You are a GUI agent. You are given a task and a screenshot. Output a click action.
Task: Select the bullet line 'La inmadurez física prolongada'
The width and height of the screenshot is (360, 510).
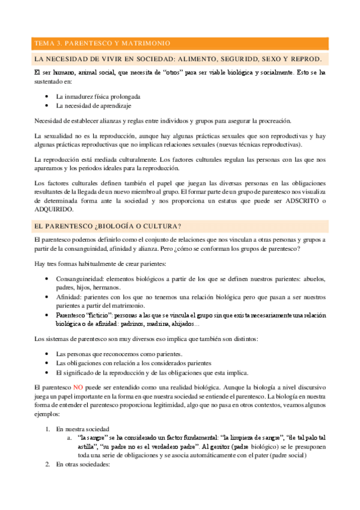click(x=99, y=96)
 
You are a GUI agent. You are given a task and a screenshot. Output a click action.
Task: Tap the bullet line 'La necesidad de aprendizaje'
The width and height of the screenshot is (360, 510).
click(x=93, y=105)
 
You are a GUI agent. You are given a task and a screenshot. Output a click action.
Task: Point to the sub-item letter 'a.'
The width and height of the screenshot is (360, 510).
click(x=70, y=438)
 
